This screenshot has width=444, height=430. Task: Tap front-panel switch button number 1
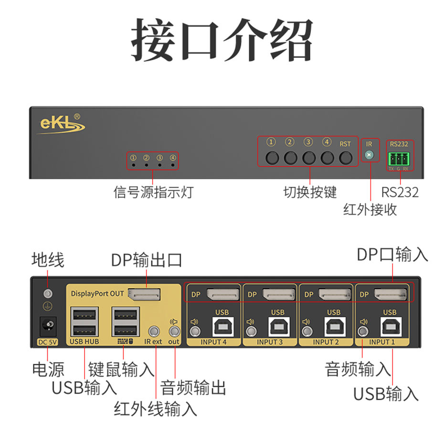pos(272,158)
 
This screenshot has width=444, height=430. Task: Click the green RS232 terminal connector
pos(398,158)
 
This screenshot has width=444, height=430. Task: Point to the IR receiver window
pos(369,155)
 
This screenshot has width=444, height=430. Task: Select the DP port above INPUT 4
pos(222,294)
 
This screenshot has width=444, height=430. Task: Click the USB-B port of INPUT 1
pos(390,326)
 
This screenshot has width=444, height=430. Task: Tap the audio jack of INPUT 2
pos(307,330)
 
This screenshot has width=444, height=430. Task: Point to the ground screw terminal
pos(48,293)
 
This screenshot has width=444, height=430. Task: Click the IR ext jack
pos(154,330)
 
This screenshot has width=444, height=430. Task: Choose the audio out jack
pos(174,330)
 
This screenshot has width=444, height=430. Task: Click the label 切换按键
pos(310,192)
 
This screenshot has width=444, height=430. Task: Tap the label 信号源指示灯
pos(153,192)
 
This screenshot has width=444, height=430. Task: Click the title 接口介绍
pos(222,40)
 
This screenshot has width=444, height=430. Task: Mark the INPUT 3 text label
pos(270,342)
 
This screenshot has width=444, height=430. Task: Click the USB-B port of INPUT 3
pos(277,326)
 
